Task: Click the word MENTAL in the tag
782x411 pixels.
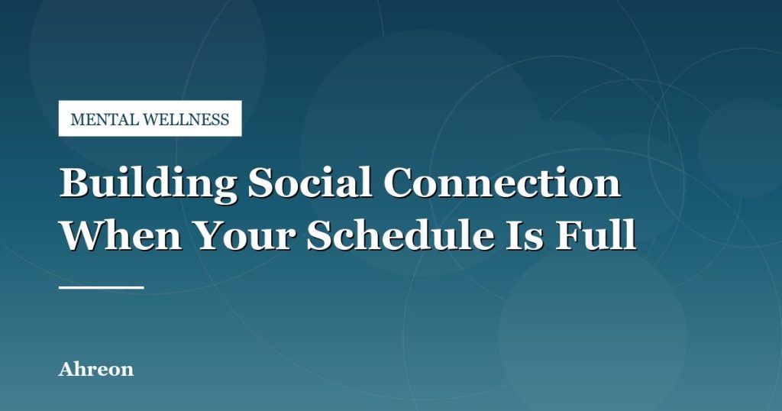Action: (x=105, y=119)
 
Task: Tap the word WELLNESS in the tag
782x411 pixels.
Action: (x=186, y=119)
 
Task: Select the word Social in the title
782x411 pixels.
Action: (x=310, y=182)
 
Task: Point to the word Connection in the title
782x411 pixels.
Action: (x=502, y=182)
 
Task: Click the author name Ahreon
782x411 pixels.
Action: (x=96, y=369)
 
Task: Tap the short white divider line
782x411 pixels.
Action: (x=102, y=287)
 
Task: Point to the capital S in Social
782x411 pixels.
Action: (x=261, y=183)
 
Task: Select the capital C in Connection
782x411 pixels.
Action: (x=399, y=183)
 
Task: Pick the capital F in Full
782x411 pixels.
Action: (x=567, y=235)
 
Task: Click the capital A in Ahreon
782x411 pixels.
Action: (x=67, y=369)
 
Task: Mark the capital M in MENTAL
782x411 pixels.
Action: (x=78, y=120)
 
